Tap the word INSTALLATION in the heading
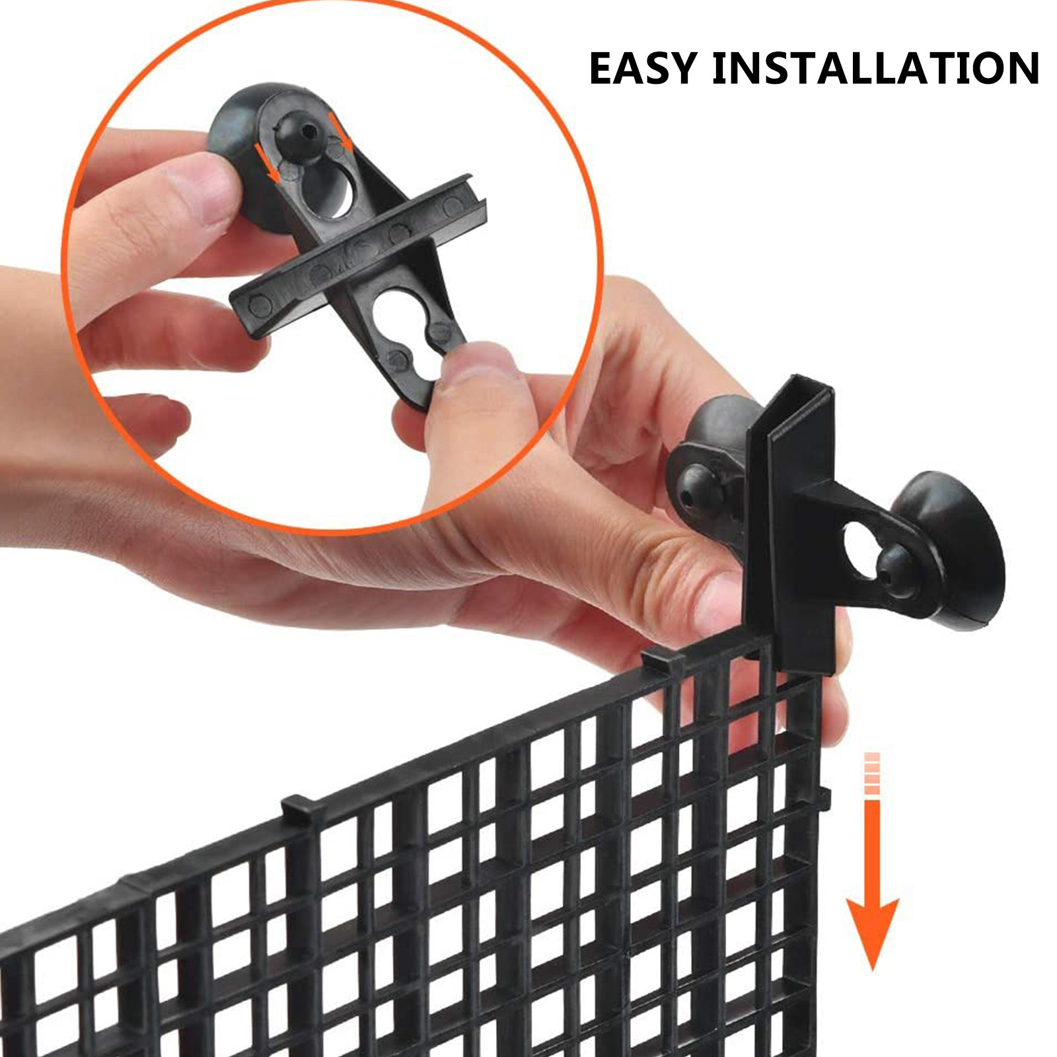876,68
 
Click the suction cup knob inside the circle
297,132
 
